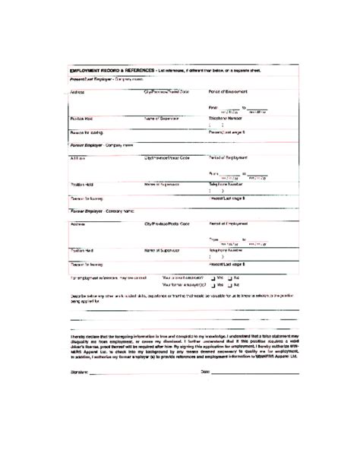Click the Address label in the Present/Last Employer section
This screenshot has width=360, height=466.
(77, 91)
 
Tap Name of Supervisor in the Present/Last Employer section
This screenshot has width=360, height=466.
(163, 118)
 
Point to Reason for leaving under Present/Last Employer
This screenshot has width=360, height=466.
(86, 132)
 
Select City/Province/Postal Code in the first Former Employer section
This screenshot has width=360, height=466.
(166, 157)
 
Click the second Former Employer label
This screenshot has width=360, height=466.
(90, 210)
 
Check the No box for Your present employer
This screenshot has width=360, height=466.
(230, 278)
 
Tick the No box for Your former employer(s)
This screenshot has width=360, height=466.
(230, 285)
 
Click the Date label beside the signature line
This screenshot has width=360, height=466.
(204, 372)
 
